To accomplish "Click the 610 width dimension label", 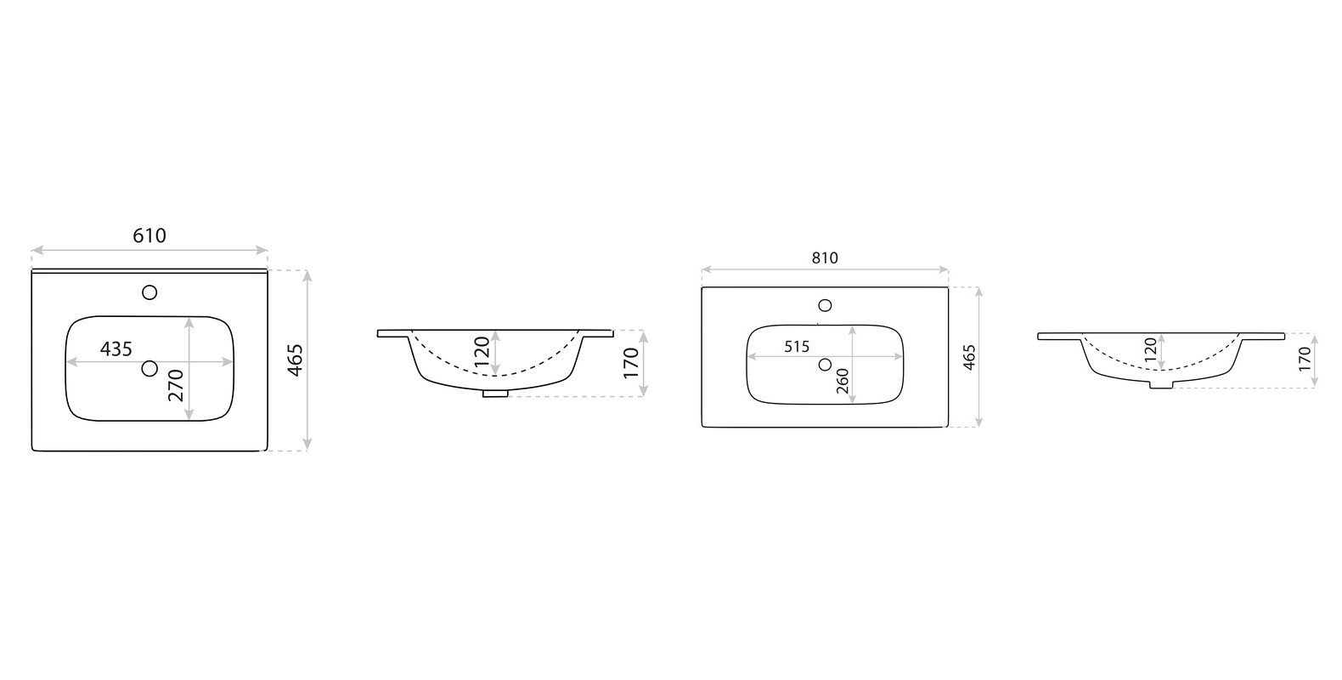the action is tap(149, 235).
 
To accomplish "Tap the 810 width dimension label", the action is tap(825, 258).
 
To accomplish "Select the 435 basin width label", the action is tap(116, 348).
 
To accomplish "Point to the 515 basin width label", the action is tap(797, 347).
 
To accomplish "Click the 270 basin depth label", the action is tap(176, 386).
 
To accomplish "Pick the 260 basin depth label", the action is tap(843, 381).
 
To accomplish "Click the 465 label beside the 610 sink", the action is tap(295, 360).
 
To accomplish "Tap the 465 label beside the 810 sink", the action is tap(969, 357).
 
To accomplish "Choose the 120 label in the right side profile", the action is tap(1150, 349).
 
